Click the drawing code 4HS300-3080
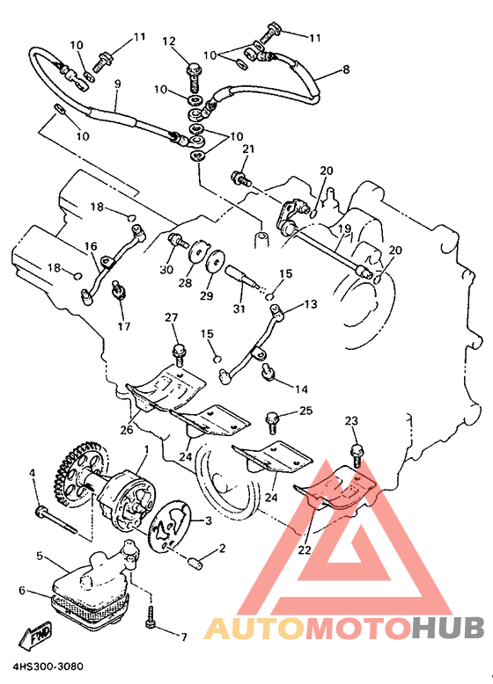pos(48,667)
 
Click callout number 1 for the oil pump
pos(146,448)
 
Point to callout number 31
pos(239,309)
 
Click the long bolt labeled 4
pos(56,519)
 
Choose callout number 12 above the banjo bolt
pos(169,41)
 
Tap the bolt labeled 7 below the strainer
pos(151,615)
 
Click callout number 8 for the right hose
pos(346,69)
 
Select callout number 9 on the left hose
pos(117,84)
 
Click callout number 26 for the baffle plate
pos(127,430)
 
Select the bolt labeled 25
pos(271,422)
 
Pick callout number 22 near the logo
pos(305,549)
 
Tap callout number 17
pos(124,325)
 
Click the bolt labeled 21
pos(241,178)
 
